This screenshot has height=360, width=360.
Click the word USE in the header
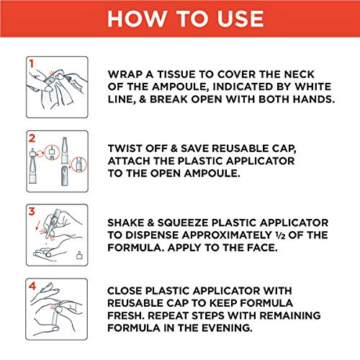[x=240, y=19]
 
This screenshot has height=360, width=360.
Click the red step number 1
[x=31, y=63]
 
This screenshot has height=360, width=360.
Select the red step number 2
[x=32, y=138]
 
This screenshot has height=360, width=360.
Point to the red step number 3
[x=32, y=212]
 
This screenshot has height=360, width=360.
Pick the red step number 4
[x=32, y=286]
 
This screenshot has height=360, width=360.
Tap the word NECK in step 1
[x=299, y=74]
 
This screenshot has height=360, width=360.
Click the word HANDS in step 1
[x=313, y=99]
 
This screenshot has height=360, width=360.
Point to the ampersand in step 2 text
[x=174, y=148]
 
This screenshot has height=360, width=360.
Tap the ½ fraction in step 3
[x=280, y=235]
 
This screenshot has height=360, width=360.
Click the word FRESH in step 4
[x=126, y=315]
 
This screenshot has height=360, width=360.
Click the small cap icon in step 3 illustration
[x=79, y=255]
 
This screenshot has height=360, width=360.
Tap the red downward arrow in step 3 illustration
[x=37, y=225]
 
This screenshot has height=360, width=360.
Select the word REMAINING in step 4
[x=290, y=315]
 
